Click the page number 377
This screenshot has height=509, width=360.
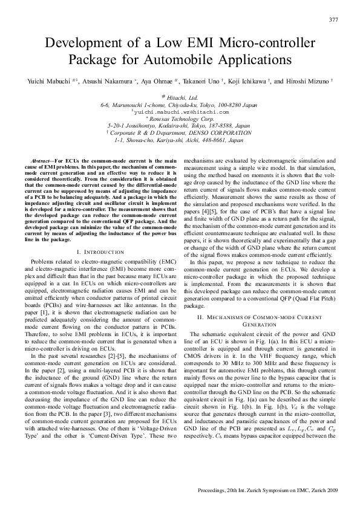coord(333,19)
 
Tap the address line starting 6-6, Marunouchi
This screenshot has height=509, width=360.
coord(180,105)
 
